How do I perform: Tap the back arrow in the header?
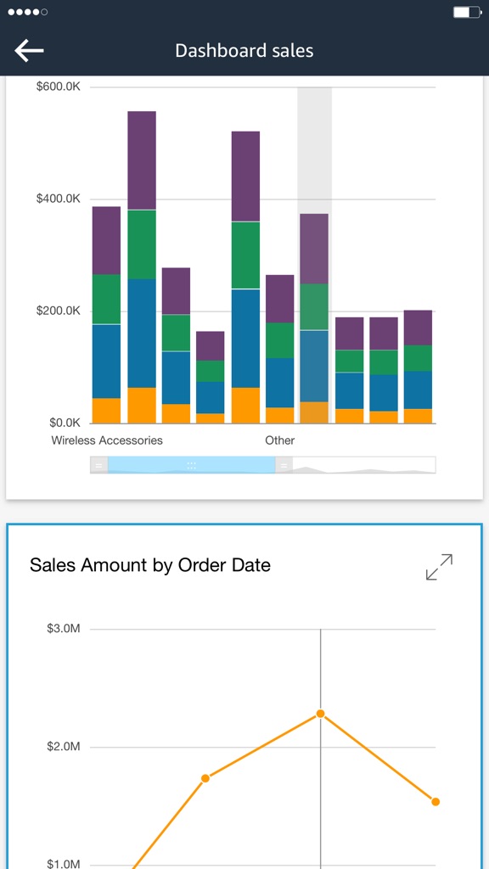click(29, 51)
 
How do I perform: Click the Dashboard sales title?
click(244, 51)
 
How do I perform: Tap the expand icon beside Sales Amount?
click(439, 567)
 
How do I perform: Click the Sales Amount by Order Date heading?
click(150, 565)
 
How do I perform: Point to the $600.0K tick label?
click(59, 87)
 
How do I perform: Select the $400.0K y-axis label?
click(59, 199)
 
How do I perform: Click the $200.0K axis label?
click(59, 311)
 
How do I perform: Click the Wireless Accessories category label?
click(107, 440)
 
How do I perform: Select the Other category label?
click(279, 440)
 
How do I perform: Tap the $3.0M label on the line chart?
click(64, 629)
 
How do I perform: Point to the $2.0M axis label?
click(64, 747)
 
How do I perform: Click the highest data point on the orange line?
click(320, 714)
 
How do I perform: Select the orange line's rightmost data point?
click(436, 801)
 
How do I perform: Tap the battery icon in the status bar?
click(466, 13)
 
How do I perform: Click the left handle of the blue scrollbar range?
click(99, 465)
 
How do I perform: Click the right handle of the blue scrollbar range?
click(284, 465)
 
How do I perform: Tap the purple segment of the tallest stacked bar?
click(142, 160)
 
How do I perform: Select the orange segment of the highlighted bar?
click(314, 412)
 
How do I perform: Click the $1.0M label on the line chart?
click(64, 864)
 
